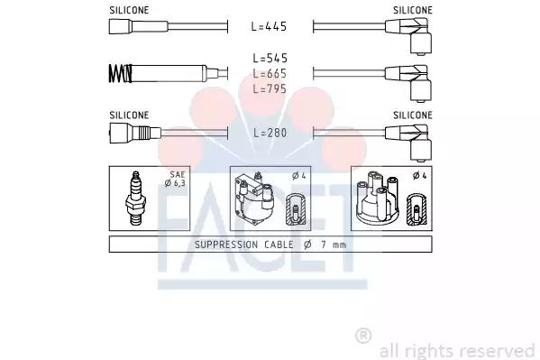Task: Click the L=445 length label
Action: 269,26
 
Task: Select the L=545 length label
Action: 270,59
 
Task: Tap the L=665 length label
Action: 270,73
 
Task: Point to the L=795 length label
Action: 270,88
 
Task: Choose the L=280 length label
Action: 270,133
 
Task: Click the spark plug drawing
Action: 136,198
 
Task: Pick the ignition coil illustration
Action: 253,198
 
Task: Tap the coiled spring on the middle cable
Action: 120,73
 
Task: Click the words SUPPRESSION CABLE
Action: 244,245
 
